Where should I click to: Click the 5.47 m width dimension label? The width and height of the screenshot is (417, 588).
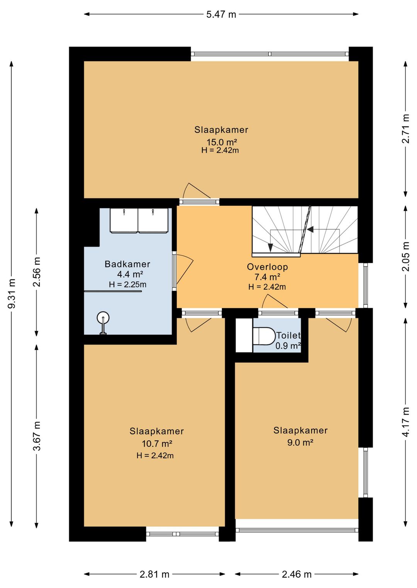pyautogui.click(x=221, y=14)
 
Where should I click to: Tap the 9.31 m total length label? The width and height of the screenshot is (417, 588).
pyautogui.click(x=12, y=294)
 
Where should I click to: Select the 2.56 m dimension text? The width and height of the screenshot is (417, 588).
pyautogui.click(x=37, y=272)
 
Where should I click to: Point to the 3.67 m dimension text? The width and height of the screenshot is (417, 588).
pyautogui.click(x=37, y=436)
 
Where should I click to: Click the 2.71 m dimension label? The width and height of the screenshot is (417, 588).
pyautogui.click(x=406, y=129)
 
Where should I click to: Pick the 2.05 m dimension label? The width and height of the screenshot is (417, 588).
pyautogui.click(x=406, y=257)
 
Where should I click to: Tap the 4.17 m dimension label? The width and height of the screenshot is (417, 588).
pyautogui.click(x=406, y=422)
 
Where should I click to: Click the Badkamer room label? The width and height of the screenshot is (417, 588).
pyautogui.click(x=127, y=264)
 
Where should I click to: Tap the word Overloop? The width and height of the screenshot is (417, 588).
pyautogui.click(x=267, y=267)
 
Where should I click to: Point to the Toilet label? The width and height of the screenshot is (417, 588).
pyautogui.click(x=288, y=336)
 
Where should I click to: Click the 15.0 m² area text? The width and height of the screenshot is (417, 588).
pyautogui.click(x=222, y=142)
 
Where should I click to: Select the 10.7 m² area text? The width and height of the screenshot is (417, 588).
pyautogui.click(x=157, y=444)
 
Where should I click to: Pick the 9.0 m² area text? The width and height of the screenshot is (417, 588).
pyautogui.click(x=300, y=443)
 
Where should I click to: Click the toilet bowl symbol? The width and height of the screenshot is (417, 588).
pyautogui.click(x=264, y=336)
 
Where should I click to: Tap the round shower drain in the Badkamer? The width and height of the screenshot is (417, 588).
pyautogui.click(x=103, y=318)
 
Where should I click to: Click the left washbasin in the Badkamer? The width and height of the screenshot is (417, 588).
pyautogui.click(x=124, y=220)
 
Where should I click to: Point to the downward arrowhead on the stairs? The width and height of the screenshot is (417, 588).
pyautogui.click(x=270, y=247)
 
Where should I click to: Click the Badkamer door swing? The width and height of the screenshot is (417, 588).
pyautogui.click(x=185, y=269)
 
